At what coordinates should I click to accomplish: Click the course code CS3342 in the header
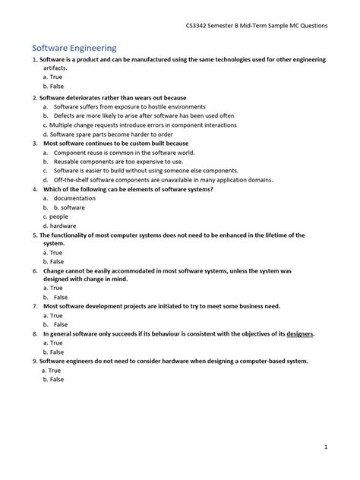pos(200,25)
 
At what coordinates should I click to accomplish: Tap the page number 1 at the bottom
pos(326,447)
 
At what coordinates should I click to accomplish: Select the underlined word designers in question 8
pos(298,333)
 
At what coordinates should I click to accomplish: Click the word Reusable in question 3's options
pos(70,161)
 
